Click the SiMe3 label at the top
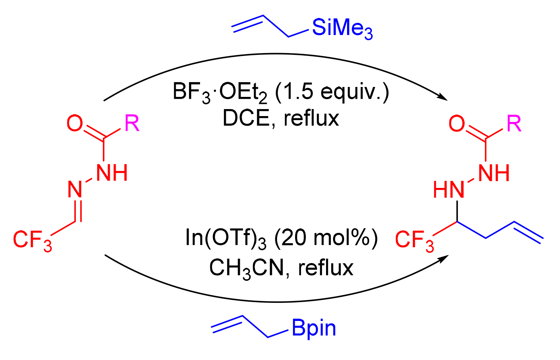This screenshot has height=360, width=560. (x=342, y=28)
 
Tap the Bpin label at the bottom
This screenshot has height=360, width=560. (x=314, y=328)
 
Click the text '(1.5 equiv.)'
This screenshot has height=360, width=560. (x=332, y=92)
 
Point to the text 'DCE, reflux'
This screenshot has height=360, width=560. (x=281, y=119)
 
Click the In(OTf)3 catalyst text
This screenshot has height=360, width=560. (x=225, y=238)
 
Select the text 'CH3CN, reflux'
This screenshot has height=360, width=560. (x=281, y=268)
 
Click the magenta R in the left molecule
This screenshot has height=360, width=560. (x=132, y=123)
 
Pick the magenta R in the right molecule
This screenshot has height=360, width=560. (x=514, y=123)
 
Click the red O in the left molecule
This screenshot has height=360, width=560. (x=74, y=123)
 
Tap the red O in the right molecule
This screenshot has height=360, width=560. (x=456, y=123)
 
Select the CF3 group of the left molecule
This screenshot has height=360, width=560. (x=32, y=240)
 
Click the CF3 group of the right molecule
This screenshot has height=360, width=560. (x=414, y=240)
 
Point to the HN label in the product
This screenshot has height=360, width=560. (x=448, y=190)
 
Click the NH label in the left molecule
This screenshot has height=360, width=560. (x=112, y=172)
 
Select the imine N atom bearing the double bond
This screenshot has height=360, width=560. (x=75, y=190)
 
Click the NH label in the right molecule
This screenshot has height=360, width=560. (x=494, y=172)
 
